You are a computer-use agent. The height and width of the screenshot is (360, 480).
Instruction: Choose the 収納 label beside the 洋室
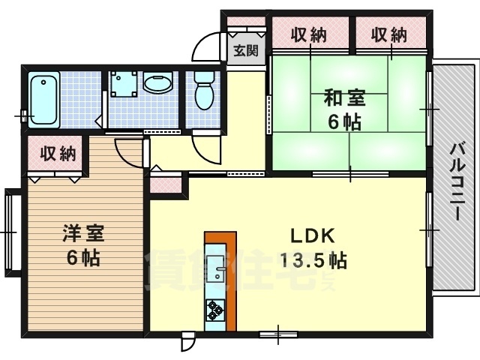[58, 154]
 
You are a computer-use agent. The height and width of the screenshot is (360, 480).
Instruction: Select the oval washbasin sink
[158, 83]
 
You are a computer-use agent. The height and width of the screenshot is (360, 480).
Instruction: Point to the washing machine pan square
[121, 84]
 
